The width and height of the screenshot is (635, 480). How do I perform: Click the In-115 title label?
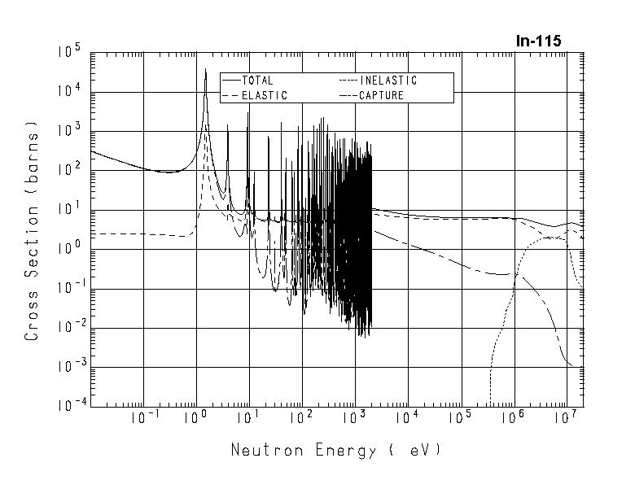click(538, 41)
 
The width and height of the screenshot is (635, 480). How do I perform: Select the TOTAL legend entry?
click(257, 81)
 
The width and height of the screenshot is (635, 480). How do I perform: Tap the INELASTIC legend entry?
click(388, 81)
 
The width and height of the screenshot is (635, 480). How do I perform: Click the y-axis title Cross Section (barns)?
click(32, 232)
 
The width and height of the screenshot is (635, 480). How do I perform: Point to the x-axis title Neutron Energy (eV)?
click(335, 450)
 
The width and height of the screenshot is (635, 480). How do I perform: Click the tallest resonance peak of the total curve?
click(205, 70)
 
